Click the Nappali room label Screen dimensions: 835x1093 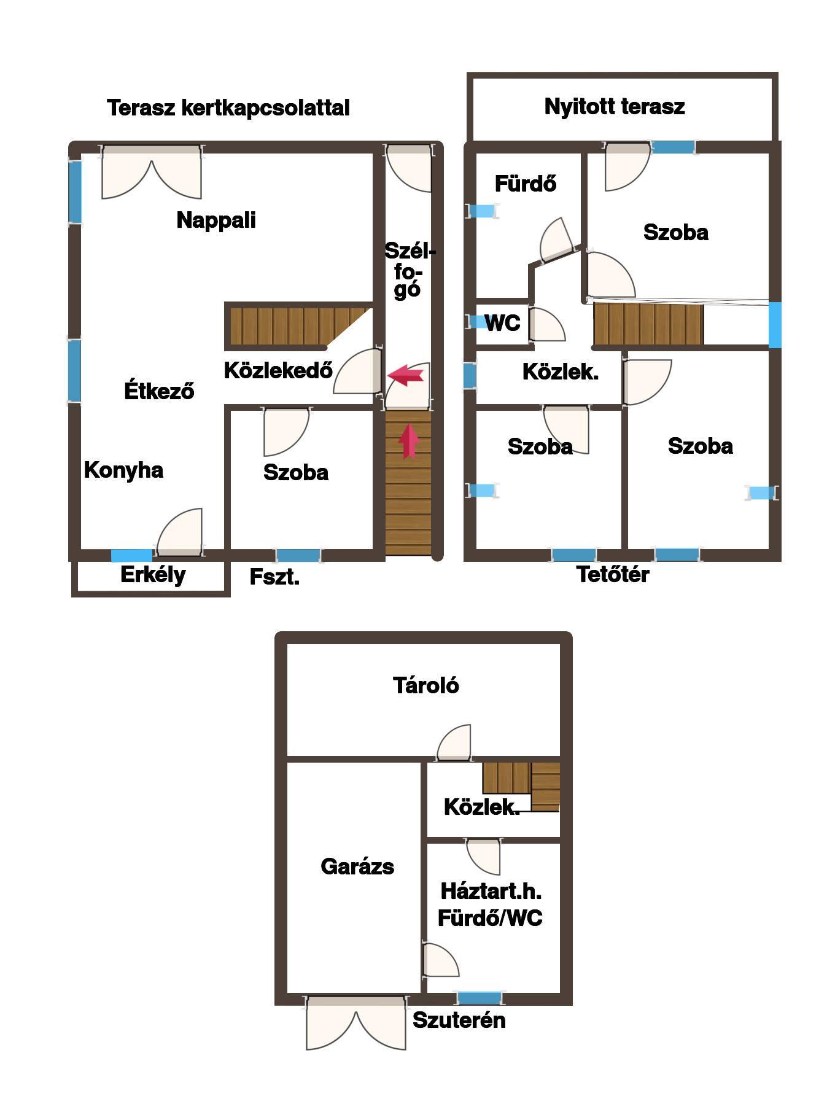(x=216, y=220)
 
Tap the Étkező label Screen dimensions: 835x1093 (x=159, y=391)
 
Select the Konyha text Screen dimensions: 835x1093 (x=123, y=470)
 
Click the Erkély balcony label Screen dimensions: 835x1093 (x=153, y=575)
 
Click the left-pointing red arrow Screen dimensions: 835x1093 (x=406, y=375)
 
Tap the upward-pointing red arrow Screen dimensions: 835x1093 (x=409, y=441)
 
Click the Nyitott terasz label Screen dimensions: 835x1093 (x=614, y=107)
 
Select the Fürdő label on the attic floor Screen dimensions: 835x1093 (x=526, y=184)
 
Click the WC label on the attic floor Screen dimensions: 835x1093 (x=502, y=323)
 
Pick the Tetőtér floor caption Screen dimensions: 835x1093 (x=613, y=575)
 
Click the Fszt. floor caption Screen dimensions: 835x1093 (x=274, y=577)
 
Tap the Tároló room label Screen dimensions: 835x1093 (x=425, y=685)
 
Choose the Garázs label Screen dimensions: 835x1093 (x=357, y=866)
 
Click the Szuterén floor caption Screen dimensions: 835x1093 (x=459, y=1020)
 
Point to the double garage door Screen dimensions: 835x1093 (x=356, y=1022)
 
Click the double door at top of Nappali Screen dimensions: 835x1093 (x=152, y=172)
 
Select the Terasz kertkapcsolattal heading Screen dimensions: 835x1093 (x=228, y=108)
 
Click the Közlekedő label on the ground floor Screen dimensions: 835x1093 (x=278, y=370)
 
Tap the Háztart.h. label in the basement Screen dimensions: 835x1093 (x=491, y=891)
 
